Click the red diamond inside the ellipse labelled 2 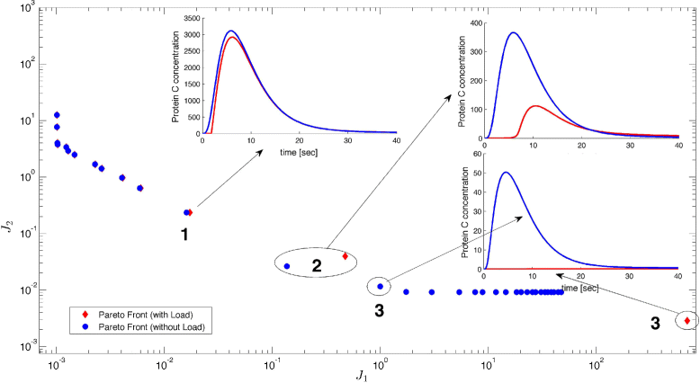(x=345, y=256)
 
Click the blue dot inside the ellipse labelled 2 (x=287, y=266)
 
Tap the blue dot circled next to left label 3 (x=380, y=287)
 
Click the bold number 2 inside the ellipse (x=316, y=265)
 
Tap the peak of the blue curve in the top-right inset (x=514, y=33)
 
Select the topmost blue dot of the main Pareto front (x=57, y=115)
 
